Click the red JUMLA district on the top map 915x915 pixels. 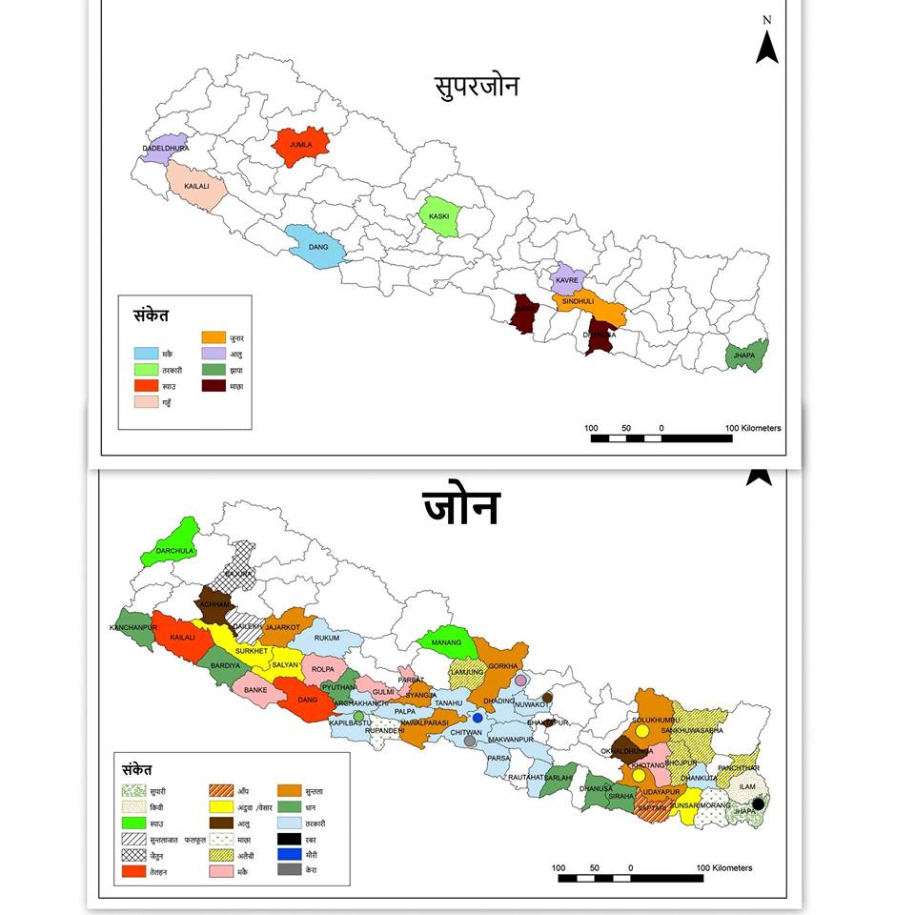click(x=301, y=146)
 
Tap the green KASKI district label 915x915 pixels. click(x=438, y=216)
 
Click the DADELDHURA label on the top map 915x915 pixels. click(x=165, y=149)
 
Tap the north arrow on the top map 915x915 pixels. click(x=766, y=46)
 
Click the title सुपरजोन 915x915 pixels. click(x=472, y=88)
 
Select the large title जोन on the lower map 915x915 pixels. click(x=460, y=507)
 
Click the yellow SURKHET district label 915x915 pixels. click(x=253, y=651)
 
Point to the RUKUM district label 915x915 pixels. click(x=327, y=638)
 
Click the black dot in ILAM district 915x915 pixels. click(x=758, y=804)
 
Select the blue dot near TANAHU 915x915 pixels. click(x=478, y=718)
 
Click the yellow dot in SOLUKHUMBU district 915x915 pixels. click(x=642, y=731)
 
